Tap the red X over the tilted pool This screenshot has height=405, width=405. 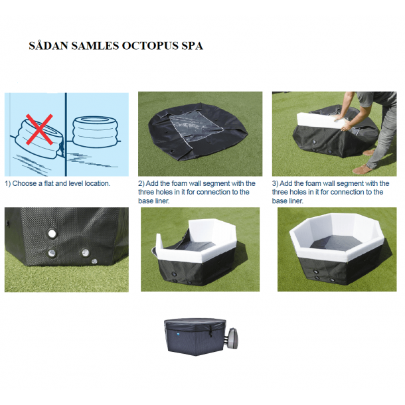coord(39,129)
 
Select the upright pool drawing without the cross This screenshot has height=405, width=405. coord(95,131)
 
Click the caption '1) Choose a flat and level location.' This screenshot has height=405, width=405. coord(58,183)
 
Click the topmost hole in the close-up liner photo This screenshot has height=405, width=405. coord(52,234)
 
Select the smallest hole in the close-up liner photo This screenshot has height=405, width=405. coord(94,262)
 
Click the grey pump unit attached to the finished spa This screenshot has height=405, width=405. coord(232,338)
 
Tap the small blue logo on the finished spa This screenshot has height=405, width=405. coord(178,334)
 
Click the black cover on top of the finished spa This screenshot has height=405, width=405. coord(195,323)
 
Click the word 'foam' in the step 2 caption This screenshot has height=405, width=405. coord(179,183)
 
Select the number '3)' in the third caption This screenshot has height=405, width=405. coord(276,183)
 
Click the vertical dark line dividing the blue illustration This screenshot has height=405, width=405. coord(66,134)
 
